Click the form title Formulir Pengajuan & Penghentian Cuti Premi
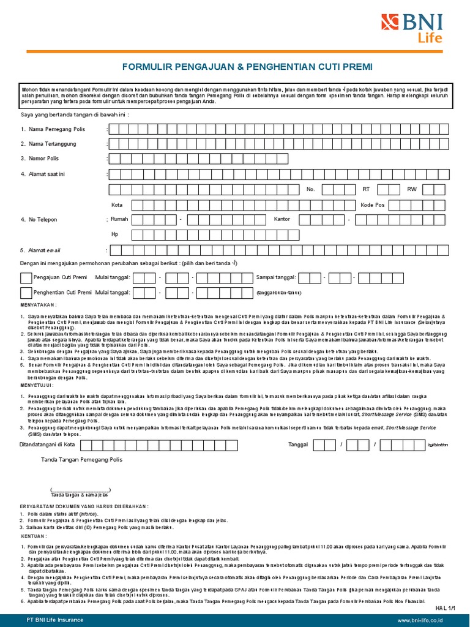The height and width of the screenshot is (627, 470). coord(247,66)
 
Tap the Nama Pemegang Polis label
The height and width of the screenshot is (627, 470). coord(56,129)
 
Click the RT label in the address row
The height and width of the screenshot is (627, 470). coord(367,189)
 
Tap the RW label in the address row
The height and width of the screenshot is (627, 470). coord(411,189)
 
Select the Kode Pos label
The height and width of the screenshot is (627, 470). coord(373,205)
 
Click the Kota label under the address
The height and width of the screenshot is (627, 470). coord(117,205)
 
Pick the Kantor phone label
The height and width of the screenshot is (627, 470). coord(282,219)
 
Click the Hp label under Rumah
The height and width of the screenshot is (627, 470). coord(114,234)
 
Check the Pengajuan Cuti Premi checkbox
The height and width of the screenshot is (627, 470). coord(26,278)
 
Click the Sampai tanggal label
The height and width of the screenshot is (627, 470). coord(276,278)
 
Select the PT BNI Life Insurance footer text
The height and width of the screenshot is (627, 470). coord(54,620)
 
